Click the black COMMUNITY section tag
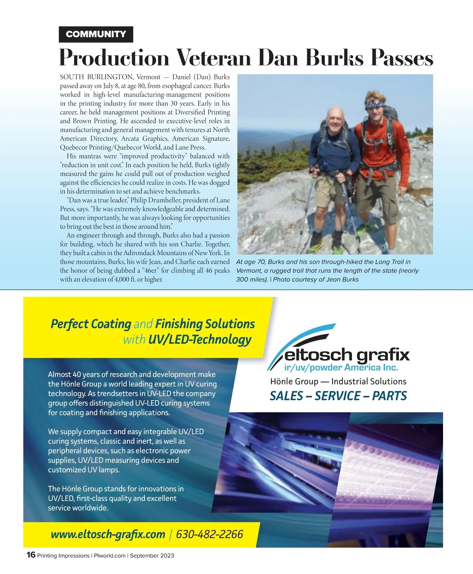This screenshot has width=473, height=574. coord(96,34)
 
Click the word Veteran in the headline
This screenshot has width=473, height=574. coord(213,58)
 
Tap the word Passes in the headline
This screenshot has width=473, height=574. coord(402,58)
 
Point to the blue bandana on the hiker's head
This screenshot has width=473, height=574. coord(375,104)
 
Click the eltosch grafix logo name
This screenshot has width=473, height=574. coord(347,355)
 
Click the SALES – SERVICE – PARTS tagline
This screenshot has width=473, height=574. coord(338,396)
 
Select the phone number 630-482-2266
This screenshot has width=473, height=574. coord(209,534)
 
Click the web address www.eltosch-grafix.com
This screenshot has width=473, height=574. coord(108,534)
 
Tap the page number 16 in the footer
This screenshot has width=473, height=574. coord(31,555)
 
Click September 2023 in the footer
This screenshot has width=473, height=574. coord(152,555)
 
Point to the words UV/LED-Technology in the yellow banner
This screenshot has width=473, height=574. coord(199,340)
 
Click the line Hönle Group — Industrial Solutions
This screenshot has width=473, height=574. coord(338,381)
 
